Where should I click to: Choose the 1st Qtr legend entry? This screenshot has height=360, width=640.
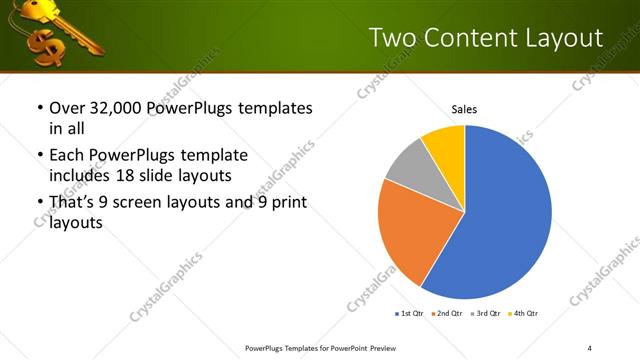(x=409, y=314)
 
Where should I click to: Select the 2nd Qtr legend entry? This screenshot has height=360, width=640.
(x=448, y=314)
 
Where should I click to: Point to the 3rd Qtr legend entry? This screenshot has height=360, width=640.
(x=487, y=314)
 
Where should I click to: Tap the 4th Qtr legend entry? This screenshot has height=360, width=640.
(x=526, y=314)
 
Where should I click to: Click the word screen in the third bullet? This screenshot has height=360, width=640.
(x=137, y=203)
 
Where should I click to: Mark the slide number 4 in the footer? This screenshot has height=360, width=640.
(x=590, y=347)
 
